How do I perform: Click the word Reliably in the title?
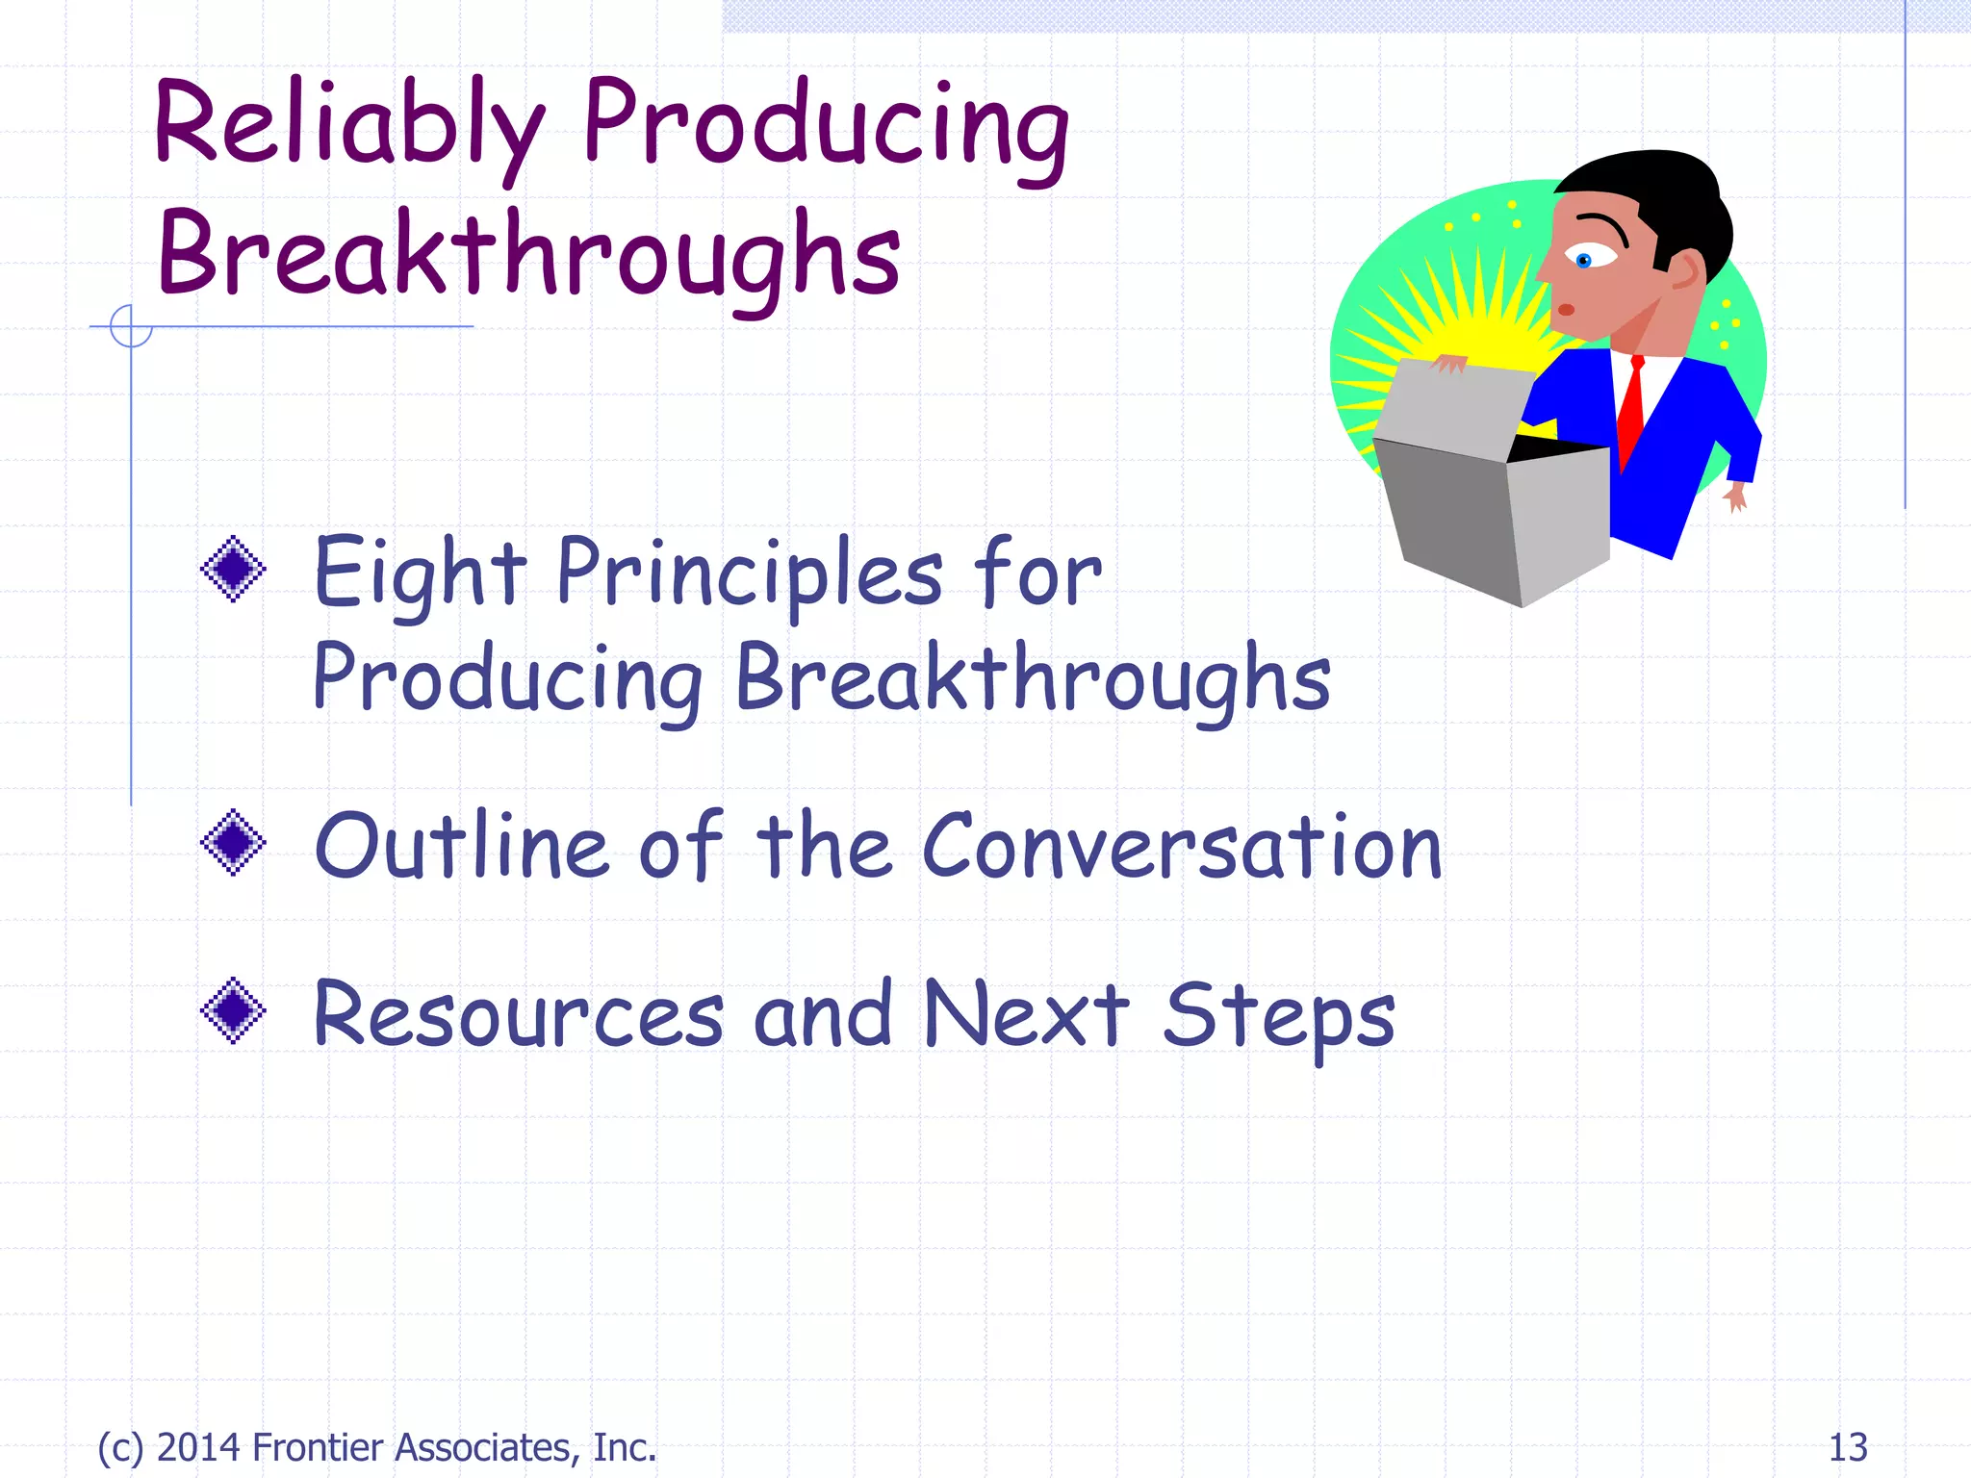(348, 125)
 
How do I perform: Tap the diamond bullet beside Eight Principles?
(233, 569)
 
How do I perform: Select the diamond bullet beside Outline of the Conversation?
(233, 842)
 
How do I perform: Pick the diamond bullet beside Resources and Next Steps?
(233, 1010)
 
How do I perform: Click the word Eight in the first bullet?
(420, 575)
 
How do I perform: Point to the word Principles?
(750, 575)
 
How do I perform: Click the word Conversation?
(1182, 847)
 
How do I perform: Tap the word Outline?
(462, 847)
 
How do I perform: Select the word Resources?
(518, 1015)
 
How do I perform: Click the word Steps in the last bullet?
(1278, 1018)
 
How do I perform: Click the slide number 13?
(1847, 1447)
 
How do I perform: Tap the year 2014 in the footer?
(198, 1447)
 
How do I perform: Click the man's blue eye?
(1584, 260)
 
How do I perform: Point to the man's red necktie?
(1631, 409)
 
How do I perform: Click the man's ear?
(1686, 271)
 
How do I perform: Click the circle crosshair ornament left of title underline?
(131, 326)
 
